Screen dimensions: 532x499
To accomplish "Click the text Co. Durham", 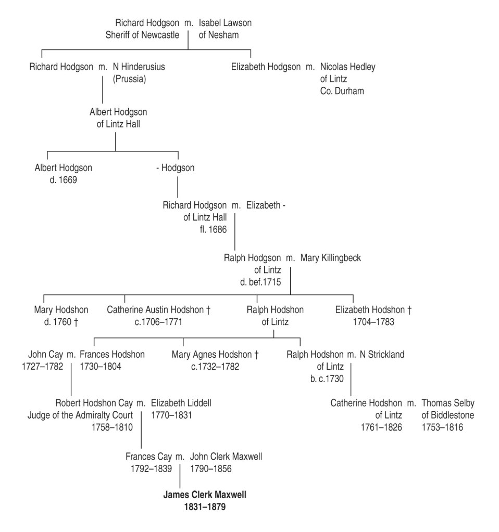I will tap(342, 90).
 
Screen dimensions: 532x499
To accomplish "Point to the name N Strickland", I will tap(380, 355).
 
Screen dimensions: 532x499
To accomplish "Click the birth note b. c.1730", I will tap(327, 379).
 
